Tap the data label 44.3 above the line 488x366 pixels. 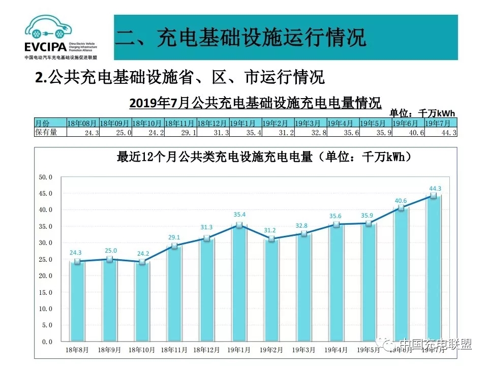tap(435, 189)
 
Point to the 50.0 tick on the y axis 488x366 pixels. tap(46, 177)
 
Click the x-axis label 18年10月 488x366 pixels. tap(142, 350)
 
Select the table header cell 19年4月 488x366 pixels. tap(343, 123)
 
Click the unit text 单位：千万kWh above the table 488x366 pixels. tap(422, 113)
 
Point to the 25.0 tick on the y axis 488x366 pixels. tap(46, 259)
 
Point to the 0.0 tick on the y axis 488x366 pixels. tap(47, 342)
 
